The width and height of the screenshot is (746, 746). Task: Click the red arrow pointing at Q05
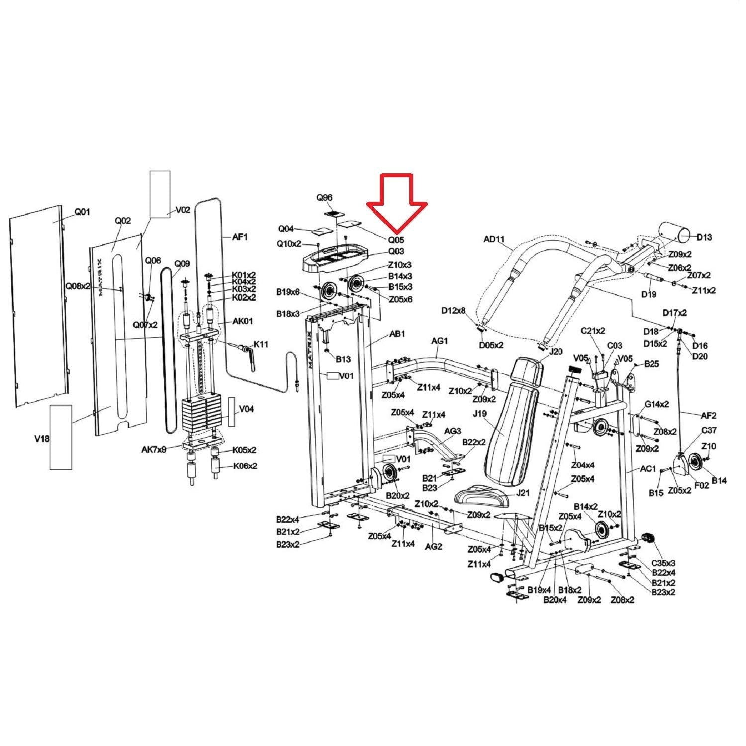397,203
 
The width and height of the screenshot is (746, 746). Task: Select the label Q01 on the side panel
82,212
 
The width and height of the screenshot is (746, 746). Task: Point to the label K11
261,344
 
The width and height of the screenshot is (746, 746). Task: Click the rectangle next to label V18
61,437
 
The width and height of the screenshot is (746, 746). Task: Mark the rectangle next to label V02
160,194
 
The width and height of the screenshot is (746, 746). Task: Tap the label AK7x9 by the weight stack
153,449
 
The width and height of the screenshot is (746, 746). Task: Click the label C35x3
663,563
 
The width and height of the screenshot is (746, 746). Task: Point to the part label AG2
433,546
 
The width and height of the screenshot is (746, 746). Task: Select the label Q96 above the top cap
324,198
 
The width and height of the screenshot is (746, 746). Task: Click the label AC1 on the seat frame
649,469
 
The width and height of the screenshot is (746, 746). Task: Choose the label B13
343,359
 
